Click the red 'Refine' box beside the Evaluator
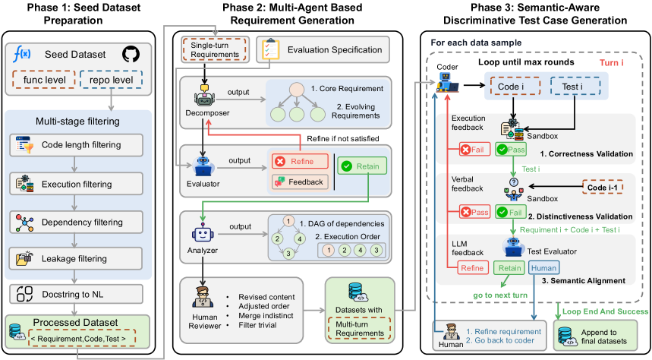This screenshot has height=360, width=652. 298,162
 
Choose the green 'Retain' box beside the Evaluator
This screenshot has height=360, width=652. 362,166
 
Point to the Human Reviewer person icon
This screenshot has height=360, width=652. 205,298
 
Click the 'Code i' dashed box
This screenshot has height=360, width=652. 513,87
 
